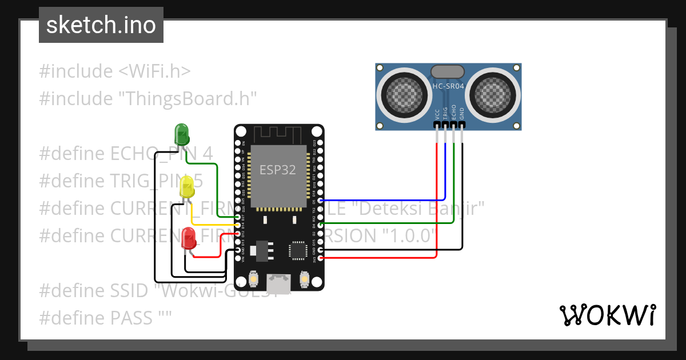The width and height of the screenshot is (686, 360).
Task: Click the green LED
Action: [181, 135]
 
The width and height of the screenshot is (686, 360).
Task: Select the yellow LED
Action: [187, 187]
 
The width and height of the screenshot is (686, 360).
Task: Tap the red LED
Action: [188, 238]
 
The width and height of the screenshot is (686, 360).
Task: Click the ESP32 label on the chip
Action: [278, 170]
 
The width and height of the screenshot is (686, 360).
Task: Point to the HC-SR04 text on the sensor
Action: [448, 86]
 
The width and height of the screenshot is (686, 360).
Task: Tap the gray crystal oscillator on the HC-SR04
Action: [448, 71]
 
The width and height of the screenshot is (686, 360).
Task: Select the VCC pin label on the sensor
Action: [437, 113]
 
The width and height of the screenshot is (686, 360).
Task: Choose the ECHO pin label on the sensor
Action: [454, 111]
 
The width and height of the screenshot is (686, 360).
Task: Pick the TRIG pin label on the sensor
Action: [445, 113]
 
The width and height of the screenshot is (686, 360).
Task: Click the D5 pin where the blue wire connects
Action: [320, 201]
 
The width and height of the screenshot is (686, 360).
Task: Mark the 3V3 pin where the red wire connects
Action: [320, 258]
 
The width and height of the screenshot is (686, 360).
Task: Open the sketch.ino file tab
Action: [101, 25]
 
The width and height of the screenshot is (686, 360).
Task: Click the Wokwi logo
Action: [607, 315]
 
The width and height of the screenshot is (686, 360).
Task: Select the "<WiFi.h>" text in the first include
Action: [154, 71]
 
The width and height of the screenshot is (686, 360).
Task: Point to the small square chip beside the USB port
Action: [298, 250]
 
